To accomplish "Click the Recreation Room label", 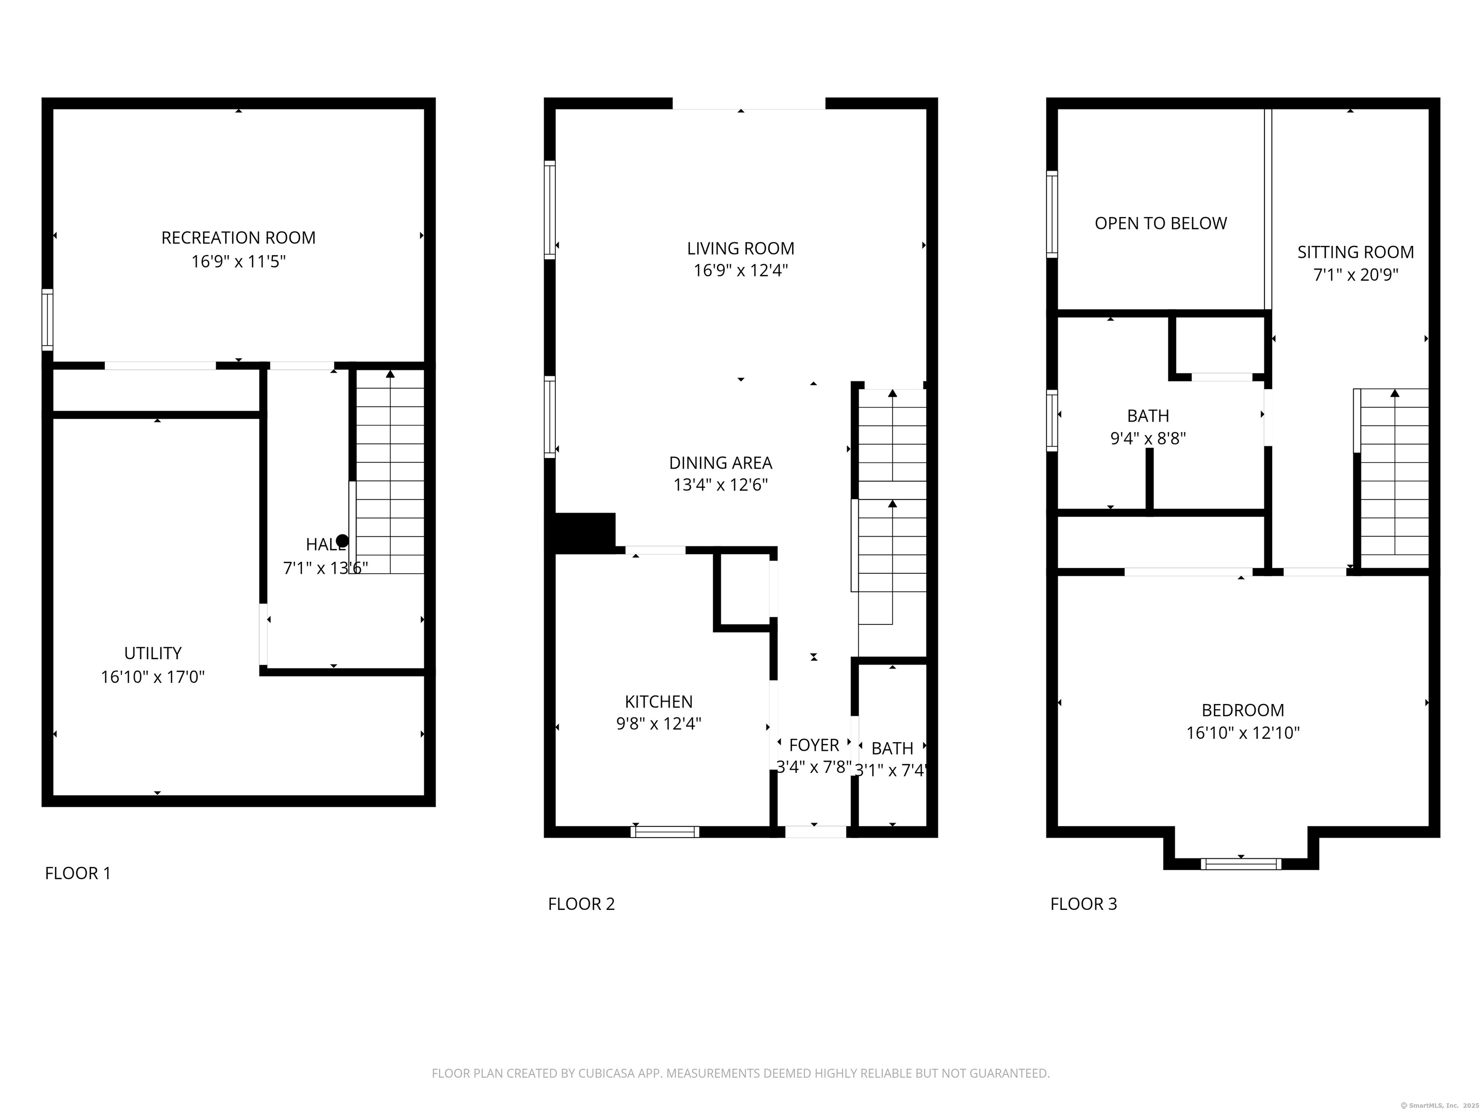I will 238,238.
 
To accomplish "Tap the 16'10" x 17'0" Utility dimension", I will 153,677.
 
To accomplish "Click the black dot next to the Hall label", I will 343,541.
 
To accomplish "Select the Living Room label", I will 741,248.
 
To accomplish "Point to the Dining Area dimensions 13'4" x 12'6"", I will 720,485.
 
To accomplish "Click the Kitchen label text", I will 659,702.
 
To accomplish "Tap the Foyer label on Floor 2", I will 813,745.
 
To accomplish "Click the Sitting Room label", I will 1356,253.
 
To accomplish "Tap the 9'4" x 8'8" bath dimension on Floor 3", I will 1148,439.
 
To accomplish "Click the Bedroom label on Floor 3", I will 1242,710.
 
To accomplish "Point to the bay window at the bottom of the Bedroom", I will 1241,864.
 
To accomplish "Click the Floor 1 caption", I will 78,873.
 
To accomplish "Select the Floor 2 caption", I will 581,904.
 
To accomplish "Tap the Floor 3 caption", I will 1084,904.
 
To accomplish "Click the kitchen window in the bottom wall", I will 665,832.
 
